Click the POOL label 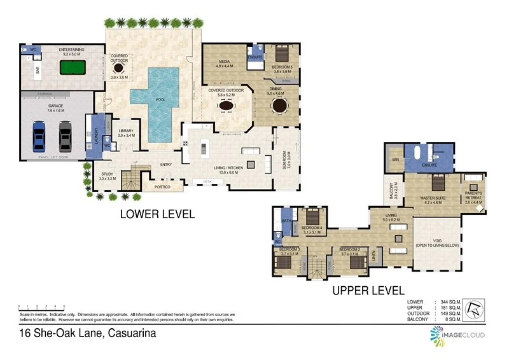pos(160,100)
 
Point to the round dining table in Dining pos(279,106)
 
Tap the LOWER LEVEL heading pos(157,215)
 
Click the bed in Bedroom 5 pos(280,53)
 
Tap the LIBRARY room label pos(126,132)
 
